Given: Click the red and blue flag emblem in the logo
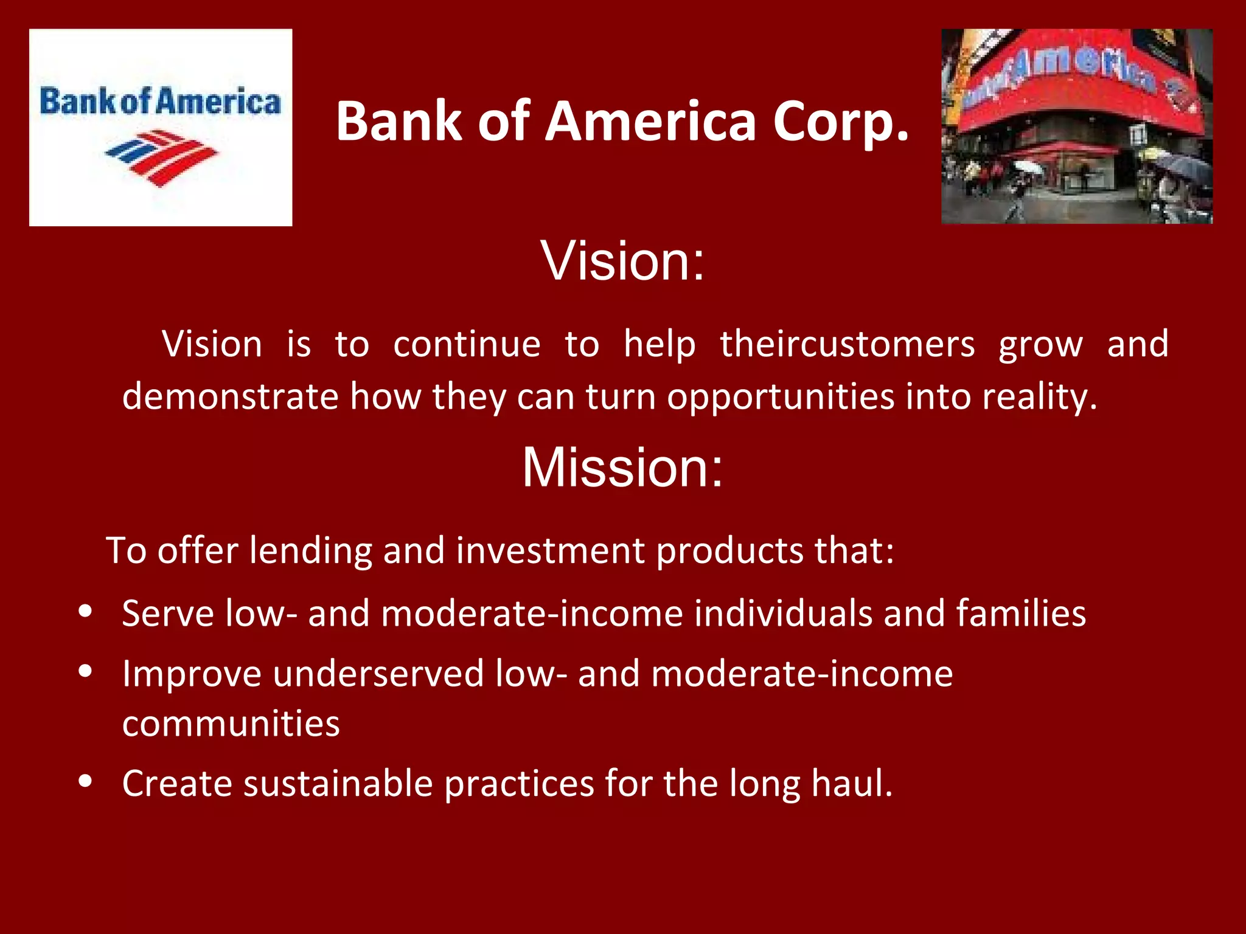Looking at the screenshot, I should tap(161, 157).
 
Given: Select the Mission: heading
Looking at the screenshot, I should tap(622, 467).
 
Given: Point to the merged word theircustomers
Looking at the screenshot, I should tap(847, 344).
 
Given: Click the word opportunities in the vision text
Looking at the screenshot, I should tap(781, 396).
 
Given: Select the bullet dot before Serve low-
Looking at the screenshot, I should tap(86, 611).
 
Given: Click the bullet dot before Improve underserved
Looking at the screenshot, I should tap(86, 671).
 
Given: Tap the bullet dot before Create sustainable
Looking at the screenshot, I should tap(86, 781).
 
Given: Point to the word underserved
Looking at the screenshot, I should tap(378, 674).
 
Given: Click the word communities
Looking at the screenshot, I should tap(231, 724).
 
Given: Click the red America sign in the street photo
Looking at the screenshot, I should tap(1077, 79).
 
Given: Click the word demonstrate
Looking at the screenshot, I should tap(230, 396).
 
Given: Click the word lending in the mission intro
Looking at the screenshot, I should tap(310, 551).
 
